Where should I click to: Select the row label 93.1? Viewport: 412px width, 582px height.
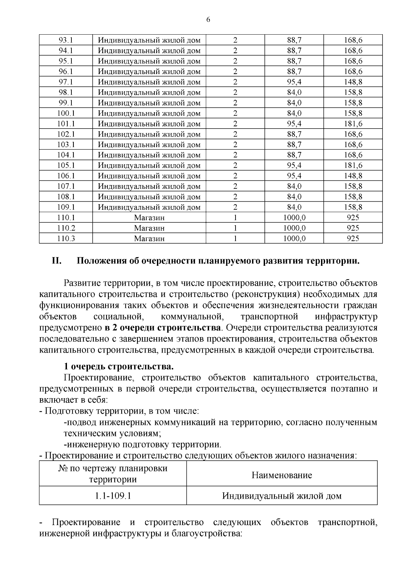pyautogui.click(x=66, y=40)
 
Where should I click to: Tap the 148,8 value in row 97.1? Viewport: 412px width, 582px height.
pyautogui.click(x=353, y=82)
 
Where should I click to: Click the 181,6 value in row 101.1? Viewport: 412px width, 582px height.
pyautogui.click(x=353, y=124)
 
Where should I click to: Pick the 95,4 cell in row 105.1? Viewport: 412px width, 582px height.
pyautogui.click(x=294, y=165)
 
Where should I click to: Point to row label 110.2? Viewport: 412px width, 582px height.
pyautogui.click(x=66, y=228)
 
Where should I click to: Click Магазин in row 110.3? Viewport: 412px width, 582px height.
pyautogui.click(x=149, y=239)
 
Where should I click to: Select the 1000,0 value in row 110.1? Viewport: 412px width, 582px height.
pyautogui.click(x=294, y=218)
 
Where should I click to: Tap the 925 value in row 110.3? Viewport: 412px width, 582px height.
pyautogui.click(x=353, y=239)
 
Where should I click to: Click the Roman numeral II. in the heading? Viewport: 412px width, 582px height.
pyautogui.click(x=56, y=261)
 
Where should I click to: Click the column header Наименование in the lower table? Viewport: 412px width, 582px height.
pyautogui.click(x=282, y=475)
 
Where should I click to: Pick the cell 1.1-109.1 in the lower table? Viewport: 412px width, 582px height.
pyautogui.click(x=113, y=496)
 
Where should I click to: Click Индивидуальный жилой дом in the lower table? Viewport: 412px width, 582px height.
pyautogui.click(x=282, y=496)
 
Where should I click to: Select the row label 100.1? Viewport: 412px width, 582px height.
pyautogui.click(x=66, y=113)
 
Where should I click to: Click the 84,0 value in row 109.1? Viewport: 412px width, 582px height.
pyautogui.click(x=294, y=207)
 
